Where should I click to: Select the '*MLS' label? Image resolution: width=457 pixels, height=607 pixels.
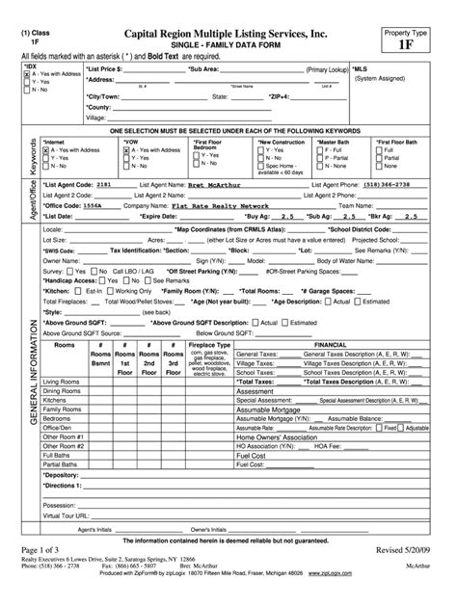click(359, 69)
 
